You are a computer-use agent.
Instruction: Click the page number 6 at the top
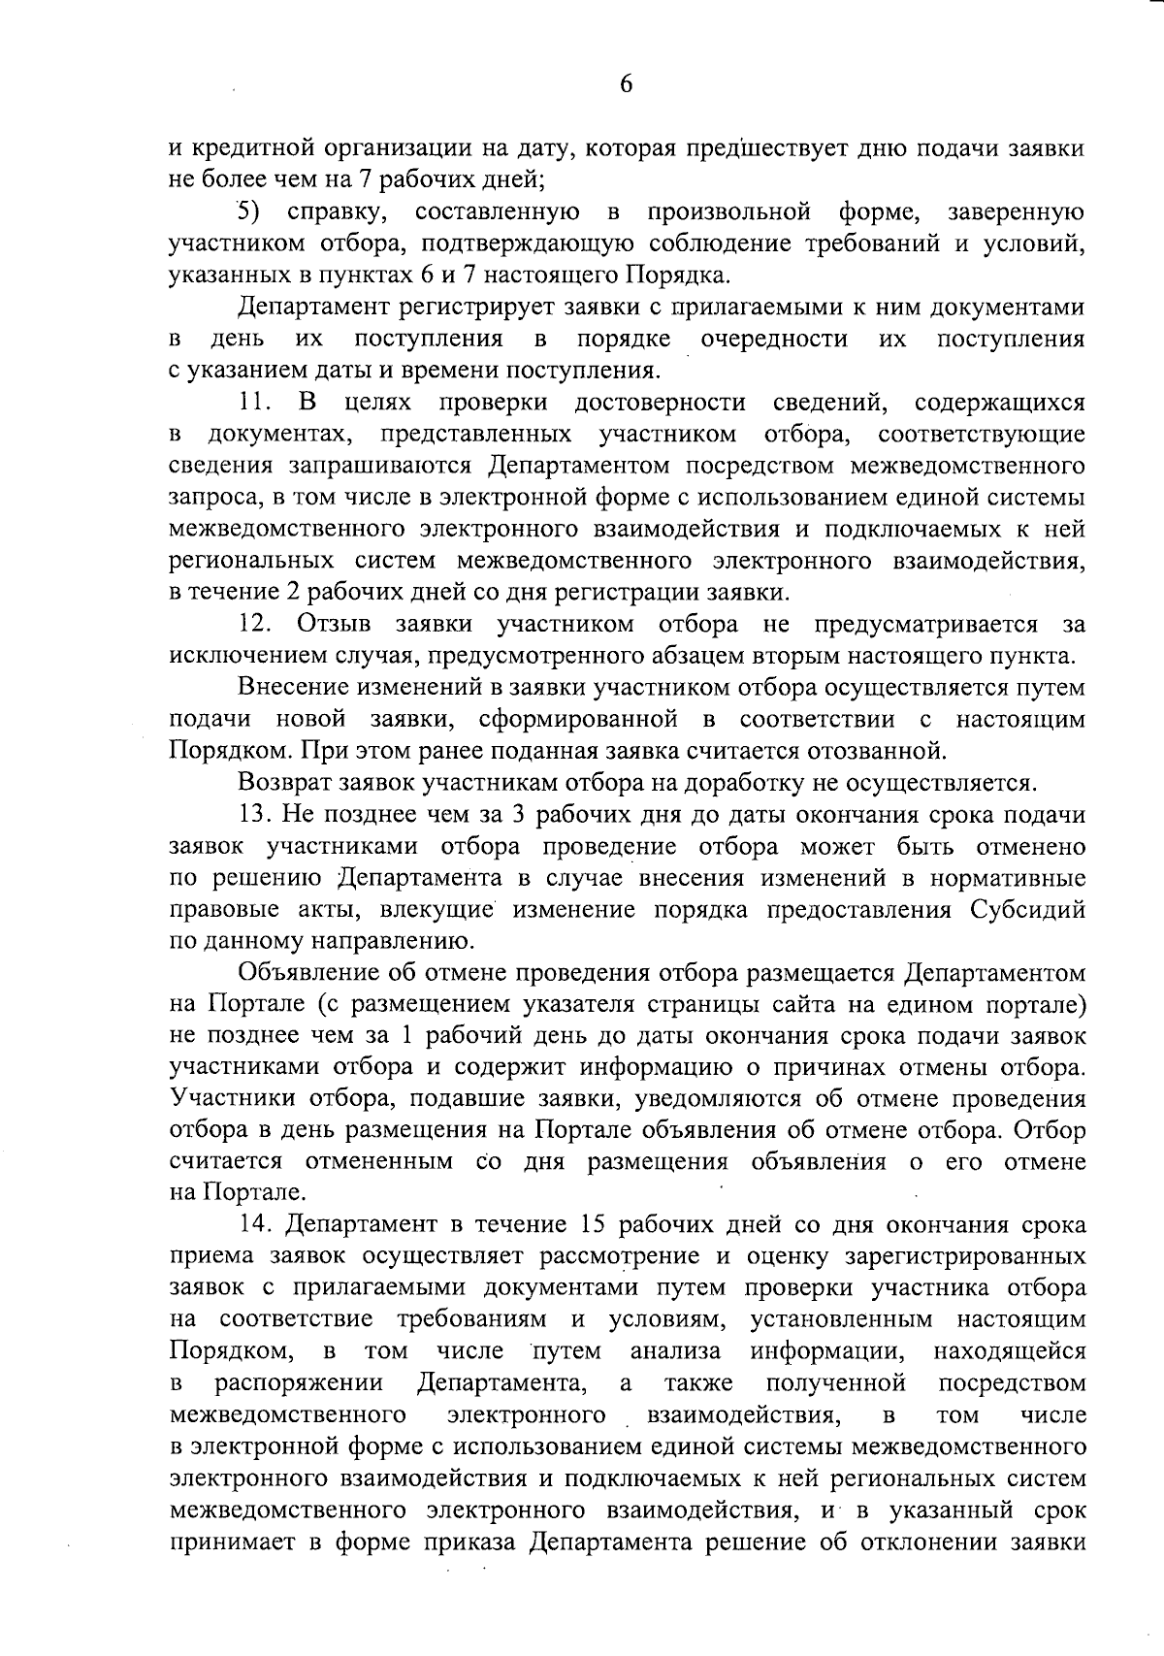point(626,84)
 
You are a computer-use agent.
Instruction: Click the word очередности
point(774,339)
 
